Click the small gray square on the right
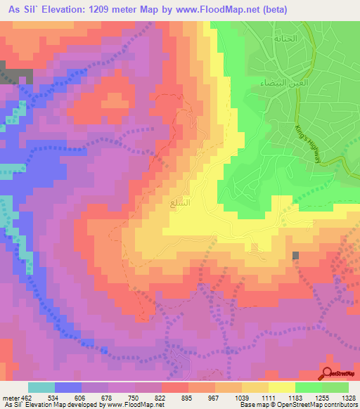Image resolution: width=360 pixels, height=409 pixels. point(295,256)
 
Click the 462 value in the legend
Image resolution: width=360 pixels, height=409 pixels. point(27,397)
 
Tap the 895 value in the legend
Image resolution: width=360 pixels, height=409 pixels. point(186,397)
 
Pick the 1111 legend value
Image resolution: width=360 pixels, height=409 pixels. point(267,397)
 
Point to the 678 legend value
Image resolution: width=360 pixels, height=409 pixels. point(108,397)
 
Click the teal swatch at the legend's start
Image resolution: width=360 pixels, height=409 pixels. point(41,387)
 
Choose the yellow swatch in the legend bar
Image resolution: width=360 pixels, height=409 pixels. point(281,387)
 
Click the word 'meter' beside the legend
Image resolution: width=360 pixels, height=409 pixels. point(10,397)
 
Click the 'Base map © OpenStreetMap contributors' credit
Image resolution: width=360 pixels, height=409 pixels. point(300,405)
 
